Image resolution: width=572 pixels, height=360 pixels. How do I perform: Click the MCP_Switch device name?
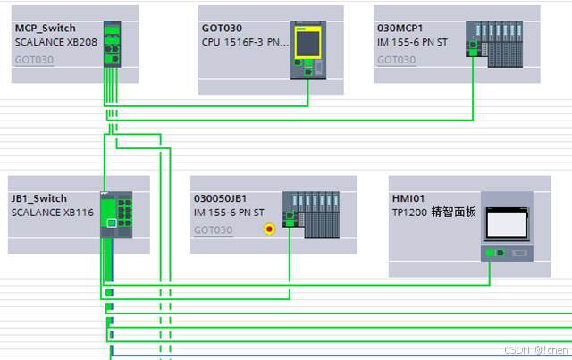click(x=44, y=28)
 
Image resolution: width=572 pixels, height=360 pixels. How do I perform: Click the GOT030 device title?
click(x=222, y=28)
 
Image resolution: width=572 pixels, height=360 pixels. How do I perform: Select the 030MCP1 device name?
click(x=402, y=28)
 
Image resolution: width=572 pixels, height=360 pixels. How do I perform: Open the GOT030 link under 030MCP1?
click(x=396, y=60)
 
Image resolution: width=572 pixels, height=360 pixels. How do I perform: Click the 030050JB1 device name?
click(x=221, y=198)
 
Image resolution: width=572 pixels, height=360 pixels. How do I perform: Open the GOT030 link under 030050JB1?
click(x=213, y=230)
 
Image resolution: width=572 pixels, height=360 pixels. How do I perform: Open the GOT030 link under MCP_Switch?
click(x=33, y=60)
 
